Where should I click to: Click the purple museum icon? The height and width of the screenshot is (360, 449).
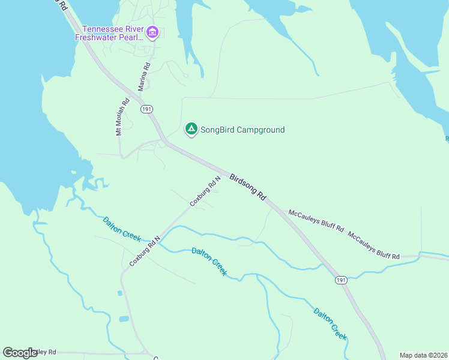point(152,32)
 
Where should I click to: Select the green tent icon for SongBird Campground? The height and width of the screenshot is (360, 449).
point(191,129)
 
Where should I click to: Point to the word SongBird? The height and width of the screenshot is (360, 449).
point(217,130)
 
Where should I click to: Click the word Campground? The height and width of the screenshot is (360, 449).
point(260,130)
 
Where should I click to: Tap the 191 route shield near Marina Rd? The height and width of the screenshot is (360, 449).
point(146,109)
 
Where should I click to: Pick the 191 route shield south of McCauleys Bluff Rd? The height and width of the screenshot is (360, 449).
point(340,280)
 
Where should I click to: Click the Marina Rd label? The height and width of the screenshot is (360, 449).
point(143,77)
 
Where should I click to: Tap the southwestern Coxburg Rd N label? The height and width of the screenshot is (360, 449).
point(145,251)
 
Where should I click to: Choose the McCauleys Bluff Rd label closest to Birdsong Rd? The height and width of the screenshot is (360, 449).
point(316,221)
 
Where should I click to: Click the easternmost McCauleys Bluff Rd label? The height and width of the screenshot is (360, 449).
point(374,246)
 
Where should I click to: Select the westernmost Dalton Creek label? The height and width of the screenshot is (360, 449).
point(122,229)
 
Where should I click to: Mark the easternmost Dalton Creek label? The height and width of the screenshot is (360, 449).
point(330,324)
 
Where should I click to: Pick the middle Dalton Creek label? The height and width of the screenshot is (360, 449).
point(209,262)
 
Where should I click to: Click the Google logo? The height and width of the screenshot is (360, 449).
point(20,353)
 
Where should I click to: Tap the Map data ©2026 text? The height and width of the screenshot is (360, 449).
point(423,355)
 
